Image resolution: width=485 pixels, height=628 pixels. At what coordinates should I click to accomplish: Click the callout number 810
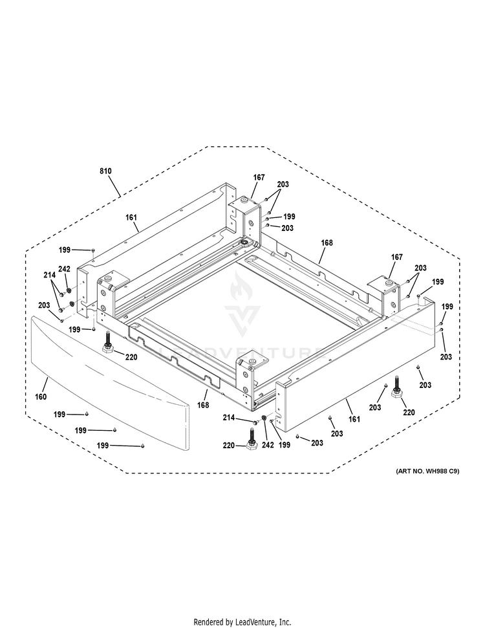pyautogui.click(x=105, y=171)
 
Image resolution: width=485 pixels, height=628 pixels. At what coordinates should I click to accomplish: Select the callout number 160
pyautogui.click(x=41, y=397)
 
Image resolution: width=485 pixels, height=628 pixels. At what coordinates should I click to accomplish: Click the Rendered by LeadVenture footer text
pyautogui.click(x=242, y=622)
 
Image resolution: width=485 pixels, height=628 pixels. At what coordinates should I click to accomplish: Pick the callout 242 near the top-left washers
pyautogui.click(x=65, y=269)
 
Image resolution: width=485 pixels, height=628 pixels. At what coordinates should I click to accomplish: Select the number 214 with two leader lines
pyautogui.click(x=50, y=275)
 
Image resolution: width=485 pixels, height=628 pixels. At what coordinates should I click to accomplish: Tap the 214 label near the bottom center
pyautogui.click(x=229, y=418)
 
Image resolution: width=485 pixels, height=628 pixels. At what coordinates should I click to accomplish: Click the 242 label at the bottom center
pyautogui.click(x=268, y=445)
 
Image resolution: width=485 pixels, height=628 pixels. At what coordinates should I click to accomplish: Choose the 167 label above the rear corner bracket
pyautogui.click(x=259, y=177)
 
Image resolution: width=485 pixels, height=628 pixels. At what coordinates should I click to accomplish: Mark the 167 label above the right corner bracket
pyautogui.click(x=396, y=257)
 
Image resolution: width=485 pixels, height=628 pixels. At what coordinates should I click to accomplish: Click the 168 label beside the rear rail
pyautogui.click(x=327, y=243)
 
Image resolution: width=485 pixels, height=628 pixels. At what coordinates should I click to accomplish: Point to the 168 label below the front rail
pyautogui.click(x=203, y=405)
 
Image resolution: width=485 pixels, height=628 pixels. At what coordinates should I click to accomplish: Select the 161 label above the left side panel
pyautogui.click(x=131, y=217)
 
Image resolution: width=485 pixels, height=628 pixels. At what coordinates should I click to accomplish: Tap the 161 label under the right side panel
pyautogui.click(x=354, y=419)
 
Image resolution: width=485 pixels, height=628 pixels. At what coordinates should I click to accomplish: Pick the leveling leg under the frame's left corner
pyautogui.click(x=108, y=343)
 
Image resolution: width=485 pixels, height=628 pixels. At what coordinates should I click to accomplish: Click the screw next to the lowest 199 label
pyautogui.click(x=142, y=446)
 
